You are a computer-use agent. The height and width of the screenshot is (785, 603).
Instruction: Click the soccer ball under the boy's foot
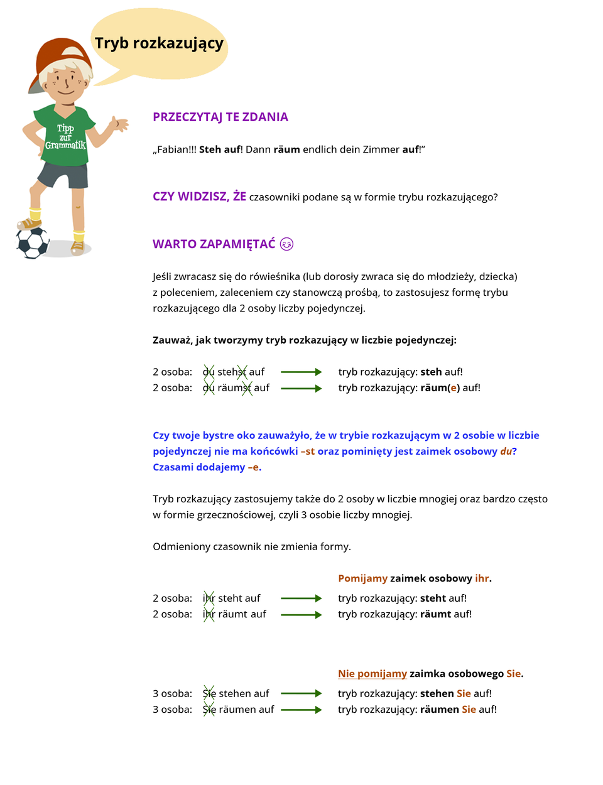coord(32,242)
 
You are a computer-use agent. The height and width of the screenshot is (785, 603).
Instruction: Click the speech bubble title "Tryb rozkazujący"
coord(159,43)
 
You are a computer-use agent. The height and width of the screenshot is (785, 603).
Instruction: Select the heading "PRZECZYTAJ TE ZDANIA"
coord(220,117)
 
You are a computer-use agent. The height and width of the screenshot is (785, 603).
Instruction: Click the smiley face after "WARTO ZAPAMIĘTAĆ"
coord(286,244)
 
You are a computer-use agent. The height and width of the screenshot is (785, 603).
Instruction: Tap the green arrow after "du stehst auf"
coord(301,372)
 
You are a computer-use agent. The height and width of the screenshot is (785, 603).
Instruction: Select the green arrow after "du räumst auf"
coord(301,389)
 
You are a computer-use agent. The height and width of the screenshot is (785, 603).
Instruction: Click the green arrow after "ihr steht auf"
coord(301,598)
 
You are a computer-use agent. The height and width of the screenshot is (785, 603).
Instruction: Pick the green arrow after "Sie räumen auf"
coord(301,710)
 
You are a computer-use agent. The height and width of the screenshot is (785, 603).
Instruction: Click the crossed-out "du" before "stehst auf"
coord(209,372)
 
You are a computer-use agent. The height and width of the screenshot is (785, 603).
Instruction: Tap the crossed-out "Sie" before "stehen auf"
coord(209,693)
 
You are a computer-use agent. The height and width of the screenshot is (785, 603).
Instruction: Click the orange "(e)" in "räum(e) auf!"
coord(454,388)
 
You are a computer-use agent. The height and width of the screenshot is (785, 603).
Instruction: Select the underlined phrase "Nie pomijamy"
coord(372,674)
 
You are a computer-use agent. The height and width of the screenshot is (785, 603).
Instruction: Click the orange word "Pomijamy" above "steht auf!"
coord(362,578)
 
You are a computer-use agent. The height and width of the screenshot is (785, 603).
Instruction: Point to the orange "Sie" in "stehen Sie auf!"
coord(464,693)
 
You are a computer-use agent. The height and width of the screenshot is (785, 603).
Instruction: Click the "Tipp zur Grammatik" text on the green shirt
coord(65,137)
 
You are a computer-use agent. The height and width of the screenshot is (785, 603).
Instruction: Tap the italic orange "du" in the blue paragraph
coord(506,452)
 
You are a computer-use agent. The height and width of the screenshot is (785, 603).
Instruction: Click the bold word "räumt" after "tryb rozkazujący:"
coord(435,614)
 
